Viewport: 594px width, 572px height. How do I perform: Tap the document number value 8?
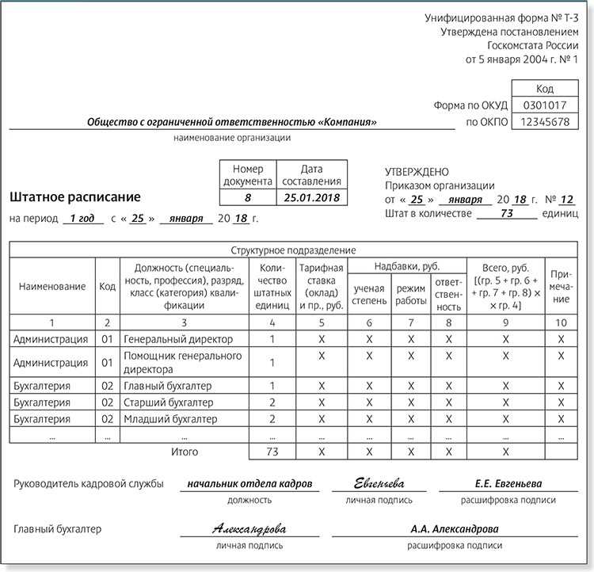[x=247, y=197]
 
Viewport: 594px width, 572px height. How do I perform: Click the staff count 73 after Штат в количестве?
[x=508, y=213]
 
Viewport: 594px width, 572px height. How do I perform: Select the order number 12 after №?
[x=566, y=199]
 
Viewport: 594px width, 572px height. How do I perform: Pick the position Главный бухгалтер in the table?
[x=167, y=386]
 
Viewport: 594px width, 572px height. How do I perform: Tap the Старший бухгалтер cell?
[x=169, y=402]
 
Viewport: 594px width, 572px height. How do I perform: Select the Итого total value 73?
[x=272, y=452]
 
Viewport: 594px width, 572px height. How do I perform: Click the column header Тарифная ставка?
[x=321, y=286]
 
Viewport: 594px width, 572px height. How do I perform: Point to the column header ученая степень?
[x=369, y=294]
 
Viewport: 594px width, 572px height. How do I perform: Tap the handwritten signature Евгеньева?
[x=379, y=483]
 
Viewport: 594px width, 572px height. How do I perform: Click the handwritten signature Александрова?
[x=249, y=528]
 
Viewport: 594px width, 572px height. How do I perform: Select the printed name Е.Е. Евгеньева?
[x=508, y=483]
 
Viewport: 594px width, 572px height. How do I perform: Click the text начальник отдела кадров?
[x=249, y=483]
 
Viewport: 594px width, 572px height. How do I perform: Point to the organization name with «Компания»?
[x=231, y=122]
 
